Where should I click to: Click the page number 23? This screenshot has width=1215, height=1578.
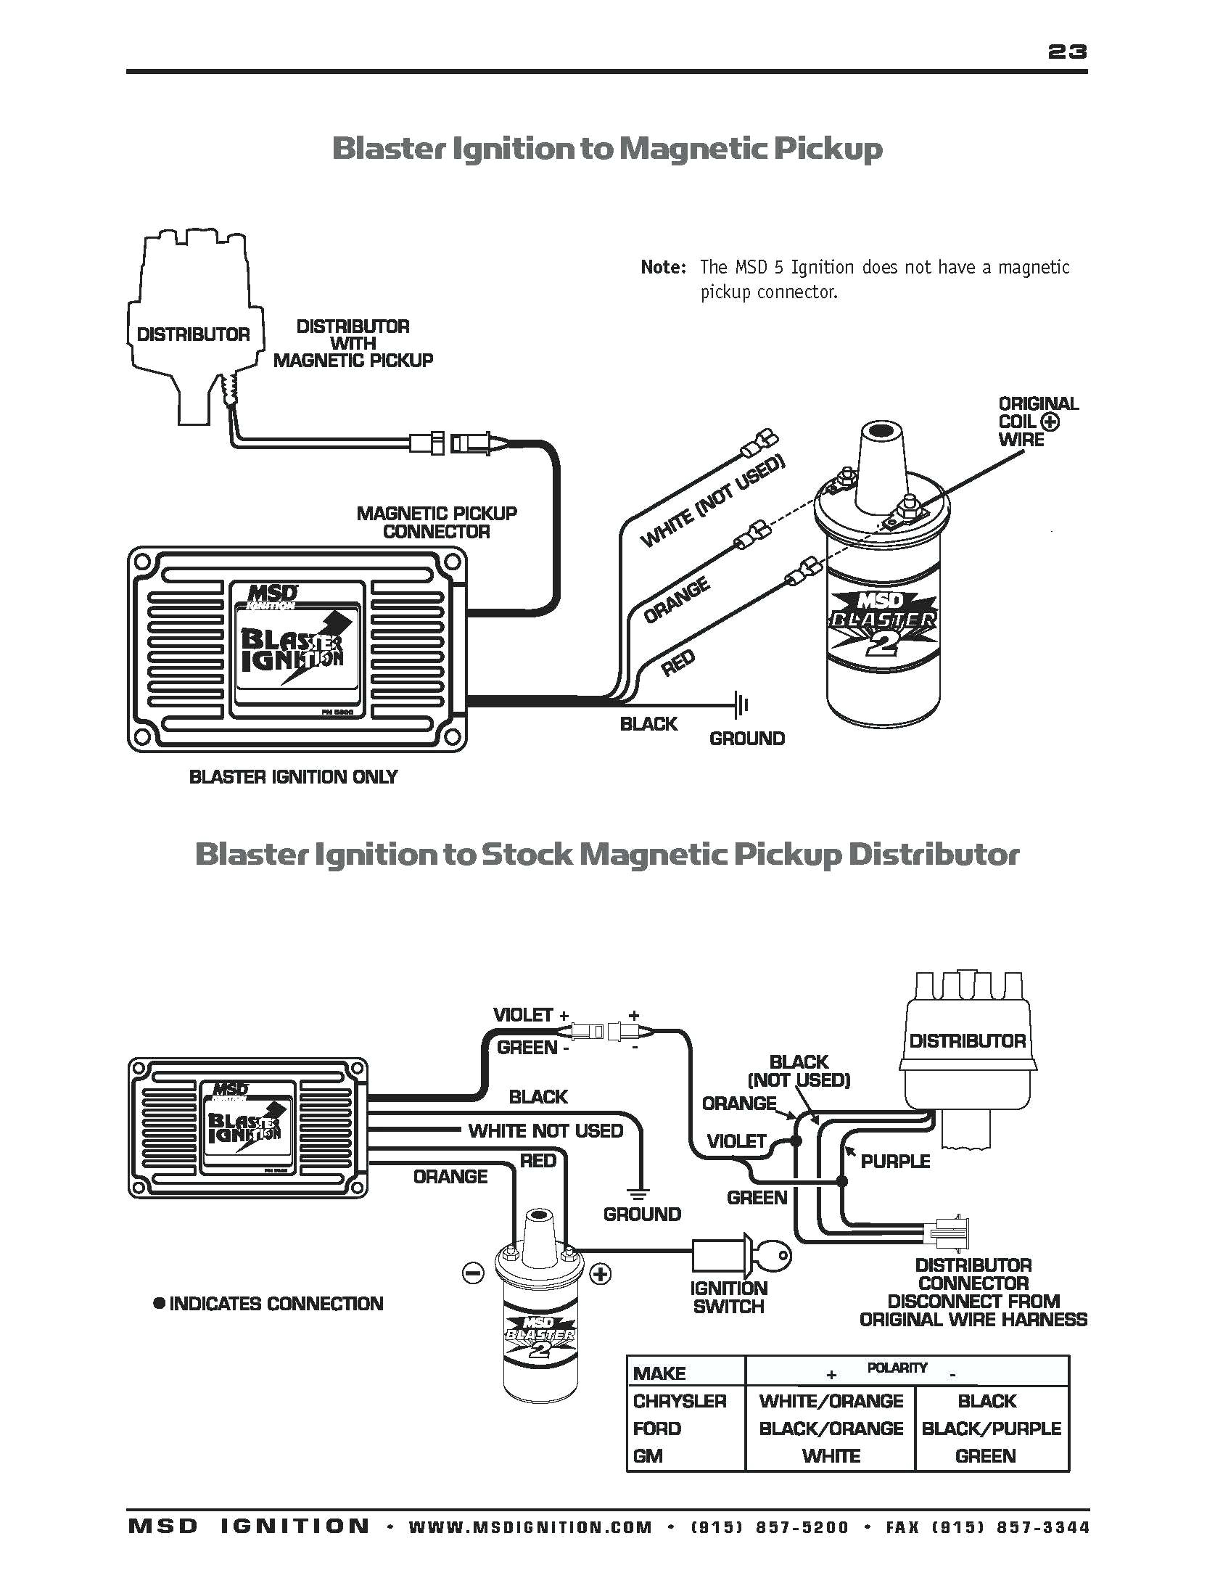(x=1067, y=51)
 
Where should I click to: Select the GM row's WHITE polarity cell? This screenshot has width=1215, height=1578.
(x=831, y=1455)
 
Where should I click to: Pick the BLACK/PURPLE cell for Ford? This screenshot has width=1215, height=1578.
(x=991, y=1428)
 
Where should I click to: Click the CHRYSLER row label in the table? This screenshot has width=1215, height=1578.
(x=679, y=1401)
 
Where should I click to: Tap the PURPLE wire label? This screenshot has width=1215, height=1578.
(x=895, y=1161)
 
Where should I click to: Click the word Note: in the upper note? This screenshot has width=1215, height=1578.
(x=663, y=267)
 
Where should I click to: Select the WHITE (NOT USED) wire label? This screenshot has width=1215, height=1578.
(x=712, y=503)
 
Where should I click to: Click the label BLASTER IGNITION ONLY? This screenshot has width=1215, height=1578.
(x=293, y=777)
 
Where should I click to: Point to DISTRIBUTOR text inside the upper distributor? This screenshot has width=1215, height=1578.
(x=193, y=334)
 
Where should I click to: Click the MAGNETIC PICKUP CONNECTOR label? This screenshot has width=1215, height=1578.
(x=437, y=522)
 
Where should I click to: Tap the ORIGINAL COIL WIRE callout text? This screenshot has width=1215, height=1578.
(x=1037, y=422)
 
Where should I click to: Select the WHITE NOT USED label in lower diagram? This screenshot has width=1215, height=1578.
(x=545, y=1131)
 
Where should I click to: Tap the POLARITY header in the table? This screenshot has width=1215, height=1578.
(x=897, y=1368)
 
